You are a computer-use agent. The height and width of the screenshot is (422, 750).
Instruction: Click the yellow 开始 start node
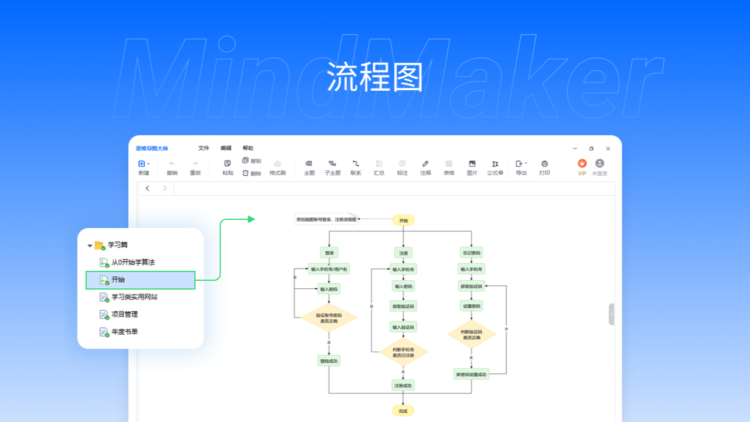pos(403,220)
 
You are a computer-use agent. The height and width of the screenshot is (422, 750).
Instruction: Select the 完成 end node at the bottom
pos(403,411)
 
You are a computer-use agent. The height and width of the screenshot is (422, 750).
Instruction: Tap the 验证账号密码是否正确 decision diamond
pos(329,318)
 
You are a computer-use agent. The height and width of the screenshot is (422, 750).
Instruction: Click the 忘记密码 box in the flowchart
pos(471,253)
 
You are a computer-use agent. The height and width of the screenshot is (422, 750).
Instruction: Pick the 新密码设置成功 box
pos(471,374)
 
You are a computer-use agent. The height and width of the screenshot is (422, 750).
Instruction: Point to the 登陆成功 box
pos(329,360)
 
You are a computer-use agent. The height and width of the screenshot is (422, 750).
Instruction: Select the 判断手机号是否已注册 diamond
pos(403,352)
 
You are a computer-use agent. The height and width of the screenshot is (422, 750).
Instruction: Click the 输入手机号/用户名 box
pos(329,269)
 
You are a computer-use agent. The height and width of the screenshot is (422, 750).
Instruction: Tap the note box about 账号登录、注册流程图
pos(326,219)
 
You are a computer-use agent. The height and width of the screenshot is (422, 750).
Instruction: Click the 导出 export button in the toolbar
pos(521,167)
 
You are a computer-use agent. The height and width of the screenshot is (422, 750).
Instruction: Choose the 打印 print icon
pos(544,167)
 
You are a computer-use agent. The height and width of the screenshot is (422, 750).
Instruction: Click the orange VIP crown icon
pos(582,164)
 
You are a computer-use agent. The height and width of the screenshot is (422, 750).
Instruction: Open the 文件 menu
pos(203,148)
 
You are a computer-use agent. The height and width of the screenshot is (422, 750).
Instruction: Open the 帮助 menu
pos(248,148)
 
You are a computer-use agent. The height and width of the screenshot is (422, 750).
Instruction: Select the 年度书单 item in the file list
pos(125,332)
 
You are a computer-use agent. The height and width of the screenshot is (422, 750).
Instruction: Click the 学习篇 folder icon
pos(99,245)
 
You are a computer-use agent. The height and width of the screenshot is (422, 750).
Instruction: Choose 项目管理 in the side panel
pos(124,314)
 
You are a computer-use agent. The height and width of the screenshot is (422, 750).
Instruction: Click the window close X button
pos(608,149)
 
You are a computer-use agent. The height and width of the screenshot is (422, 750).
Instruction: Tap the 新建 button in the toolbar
pos(144,167)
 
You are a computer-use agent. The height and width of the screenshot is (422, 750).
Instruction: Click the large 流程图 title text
pos(375,77)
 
